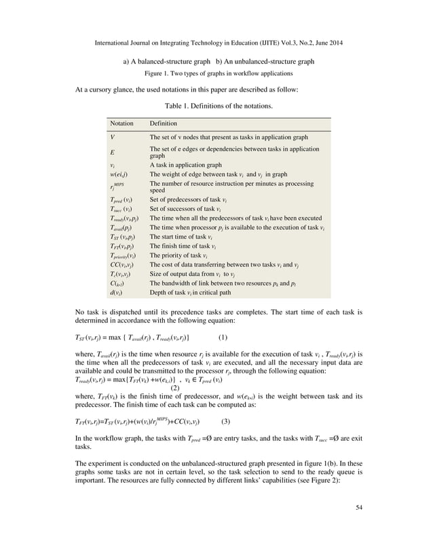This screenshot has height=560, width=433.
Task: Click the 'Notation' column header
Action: pos(121,124)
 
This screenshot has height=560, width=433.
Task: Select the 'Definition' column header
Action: pos(163,124)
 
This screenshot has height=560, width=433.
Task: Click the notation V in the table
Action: pos(113,137)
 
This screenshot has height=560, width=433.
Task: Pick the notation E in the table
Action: pos(113,152)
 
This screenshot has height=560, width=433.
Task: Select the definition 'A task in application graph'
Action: pos(185,165)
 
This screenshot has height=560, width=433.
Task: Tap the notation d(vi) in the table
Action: pos(117,292)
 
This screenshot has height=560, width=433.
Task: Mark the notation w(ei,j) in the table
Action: pos(119,174)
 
